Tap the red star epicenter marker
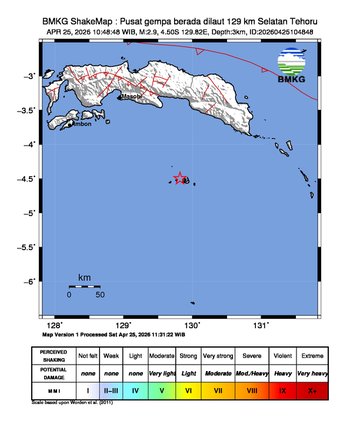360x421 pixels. tap(180, 178)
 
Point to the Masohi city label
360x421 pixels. tap(131, 99)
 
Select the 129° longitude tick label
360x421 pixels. tap(124, 324)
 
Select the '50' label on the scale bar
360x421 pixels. tap(100, 295)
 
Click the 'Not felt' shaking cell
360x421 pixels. tap(88, 355)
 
